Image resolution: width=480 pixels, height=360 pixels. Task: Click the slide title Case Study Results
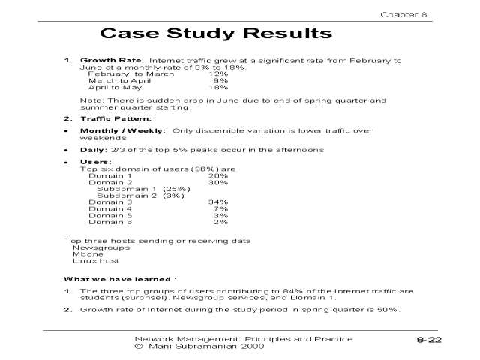[x=216, y=34]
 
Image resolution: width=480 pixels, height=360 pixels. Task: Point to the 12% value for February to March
[x=218, y=73]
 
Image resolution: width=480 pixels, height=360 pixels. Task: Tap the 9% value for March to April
[x=220, y=80]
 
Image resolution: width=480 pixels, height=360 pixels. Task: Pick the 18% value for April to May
[x=218, y=87]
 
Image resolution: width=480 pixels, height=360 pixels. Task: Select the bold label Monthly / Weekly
[x=124, y=131]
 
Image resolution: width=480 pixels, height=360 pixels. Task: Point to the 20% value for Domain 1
[x=218, y=175]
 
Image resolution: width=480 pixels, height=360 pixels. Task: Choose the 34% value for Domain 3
[x=218, y=202]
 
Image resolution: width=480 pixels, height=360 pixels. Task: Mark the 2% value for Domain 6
[x=220, y=222]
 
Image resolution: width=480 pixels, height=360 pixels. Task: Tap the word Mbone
[x=88, y=253]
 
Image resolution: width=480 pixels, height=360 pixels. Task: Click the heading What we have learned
[x=120, y=279]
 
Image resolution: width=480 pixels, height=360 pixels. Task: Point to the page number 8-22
[x=430, y=341]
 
